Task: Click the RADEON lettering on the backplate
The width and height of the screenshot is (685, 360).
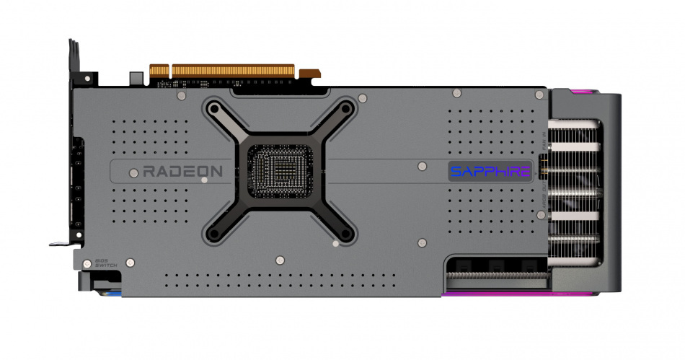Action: tap(182, 172)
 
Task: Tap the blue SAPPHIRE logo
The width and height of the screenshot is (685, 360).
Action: tap(490, 172)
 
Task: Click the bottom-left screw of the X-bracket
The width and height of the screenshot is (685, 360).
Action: tap(214, 233)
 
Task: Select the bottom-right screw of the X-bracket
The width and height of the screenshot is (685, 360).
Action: tap(346, 233)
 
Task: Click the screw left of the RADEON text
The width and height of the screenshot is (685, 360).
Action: tap(133, 172)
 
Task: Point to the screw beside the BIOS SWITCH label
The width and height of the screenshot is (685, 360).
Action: tap(130, 262)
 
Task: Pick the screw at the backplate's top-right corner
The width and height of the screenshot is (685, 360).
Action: tap(539, 94)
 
